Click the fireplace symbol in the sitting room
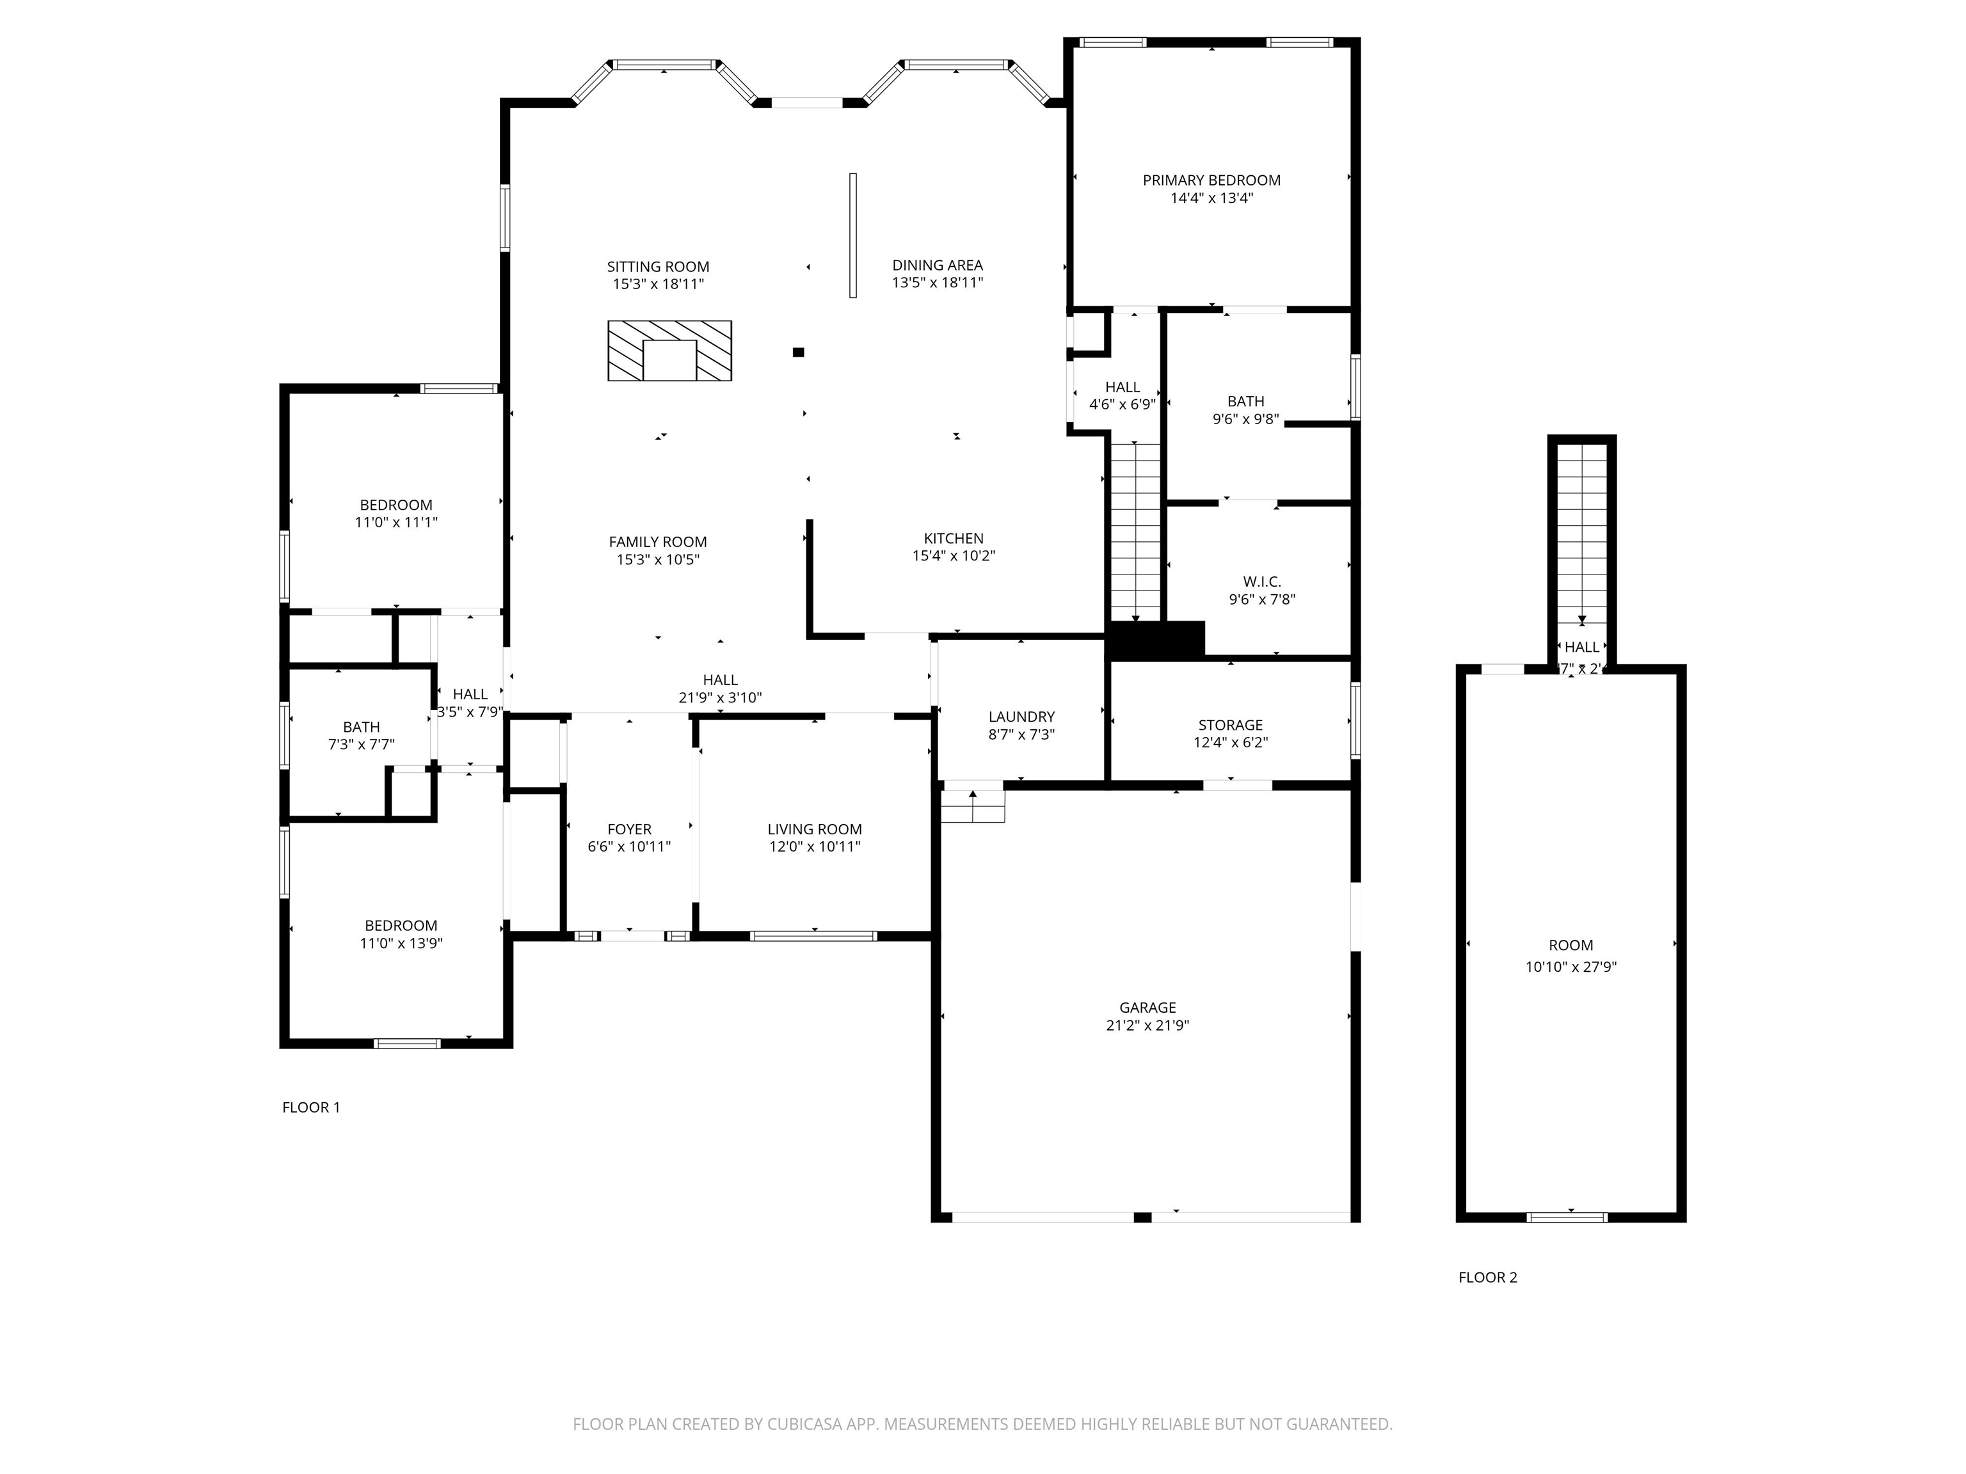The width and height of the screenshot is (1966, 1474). click(669, 351)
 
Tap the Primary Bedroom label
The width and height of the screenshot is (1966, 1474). click(1211, 180)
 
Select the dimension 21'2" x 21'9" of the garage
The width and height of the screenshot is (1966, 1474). click(1147, 1026)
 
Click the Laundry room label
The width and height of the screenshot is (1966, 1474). click(1021, 717)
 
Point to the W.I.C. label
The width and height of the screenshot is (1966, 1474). click(1261, 582)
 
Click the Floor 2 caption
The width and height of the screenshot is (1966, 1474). click(1488, 1278)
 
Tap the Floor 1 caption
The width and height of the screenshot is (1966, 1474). click(311, 1107)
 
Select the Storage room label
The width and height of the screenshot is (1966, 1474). click(1230, 725)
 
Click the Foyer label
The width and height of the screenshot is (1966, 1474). click(629, 830)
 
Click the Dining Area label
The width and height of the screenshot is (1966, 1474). click(937, 265)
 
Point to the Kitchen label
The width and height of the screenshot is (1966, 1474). click(953, 539)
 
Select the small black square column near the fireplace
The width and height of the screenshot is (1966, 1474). click(798, 353)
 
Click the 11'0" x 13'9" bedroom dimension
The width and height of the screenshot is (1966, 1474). click(401, 944)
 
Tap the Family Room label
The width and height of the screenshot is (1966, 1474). click(658, 542)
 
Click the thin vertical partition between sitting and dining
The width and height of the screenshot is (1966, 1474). click(852, 235)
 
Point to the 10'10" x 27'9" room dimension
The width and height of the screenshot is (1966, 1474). click(1570, 967)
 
